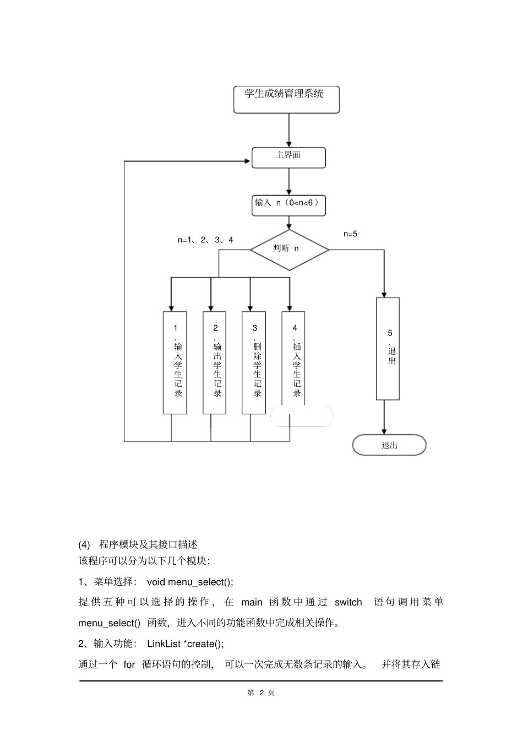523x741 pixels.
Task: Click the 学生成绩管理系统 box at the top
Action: [x=286, y=99]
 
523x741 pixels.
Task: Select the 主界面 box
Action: [x=288, y=158]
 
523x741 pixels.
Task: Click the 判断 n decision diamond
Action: [x=290, y=250]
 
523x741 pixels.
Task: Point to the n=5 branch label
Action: [x=350, y=234]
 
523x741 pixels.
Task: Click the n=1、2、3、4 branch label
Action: [x=205, y=240]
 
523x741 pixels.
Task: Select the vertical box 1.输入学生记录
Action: [x=175, y=363]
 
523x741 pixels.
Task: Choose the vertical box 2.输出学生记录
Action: [x=215, y=363]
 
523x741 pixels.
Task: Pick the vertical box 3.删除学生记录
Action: [x=254, y=363]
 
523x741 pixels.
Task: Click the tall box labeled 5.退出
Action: [x=388, y=348]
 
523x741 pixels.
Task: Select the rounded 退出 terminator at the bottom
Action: [x=389, y=445]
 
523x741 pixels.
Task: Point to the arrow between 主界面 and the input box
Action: [x=288, y=181]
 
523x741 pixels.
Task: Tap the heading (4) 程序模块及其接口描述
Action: [x=138, y=544]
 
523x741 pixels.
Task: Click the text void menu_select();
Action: [x=190, y=582]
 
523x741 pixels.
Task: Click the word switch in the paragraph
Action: [x=348, y=602]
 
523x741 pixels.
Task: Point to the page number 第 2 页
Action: [x=261, y=693]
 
